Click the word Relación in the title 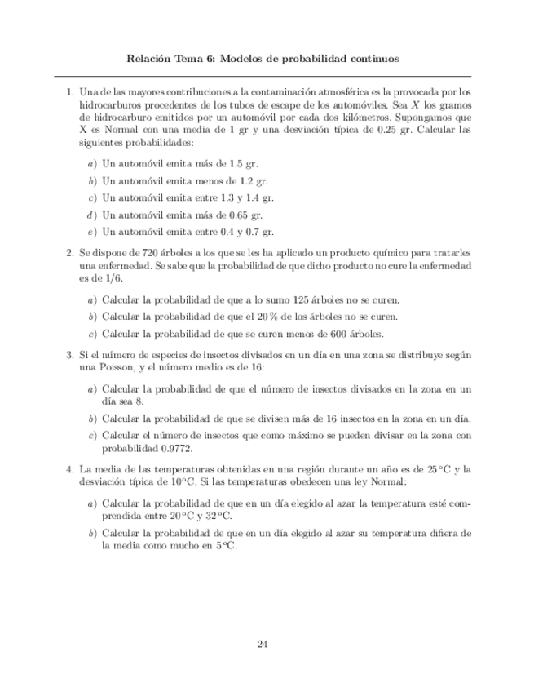[x=152, y=59]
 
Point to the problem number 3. [x=69, y=356]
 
